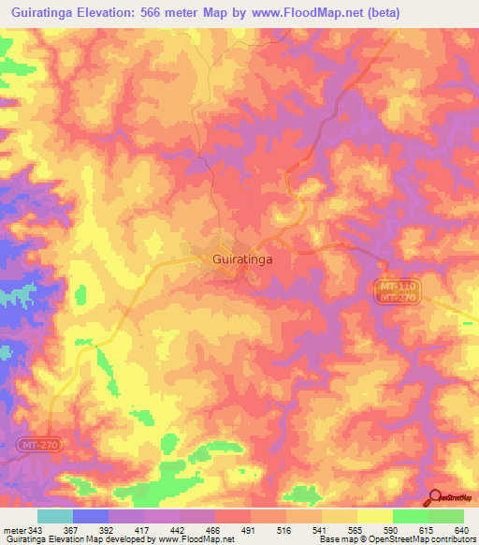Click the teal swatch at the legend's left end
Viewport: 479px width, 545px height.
tap(55, 516)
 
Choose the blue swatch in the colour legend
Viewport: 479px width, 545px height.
tap(91, 516)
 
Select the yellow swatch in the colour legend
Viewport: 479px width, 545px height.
tap(374, 516)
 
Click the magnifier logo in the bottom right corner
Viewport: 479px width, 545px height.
tap(435, 498)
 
